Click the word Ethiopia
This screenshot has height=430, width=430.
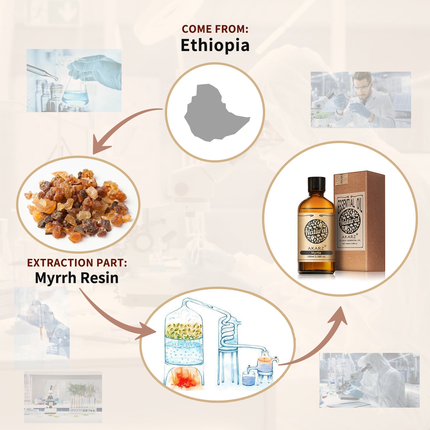click(215, 45)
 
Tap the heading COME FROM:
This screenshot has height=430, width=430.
click(215, 29)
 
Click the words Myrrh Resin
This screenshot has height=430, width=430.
click(77, 278)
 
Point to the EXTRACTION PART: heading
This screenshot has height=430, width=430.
click(77, 263)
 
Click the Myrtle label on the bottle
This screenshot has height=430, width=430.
click(316, 253)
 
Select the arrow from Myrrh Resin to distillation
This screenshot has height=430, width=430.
click(115, 318)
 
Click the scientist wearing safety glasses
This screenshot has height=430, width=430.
click(364, 97)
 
